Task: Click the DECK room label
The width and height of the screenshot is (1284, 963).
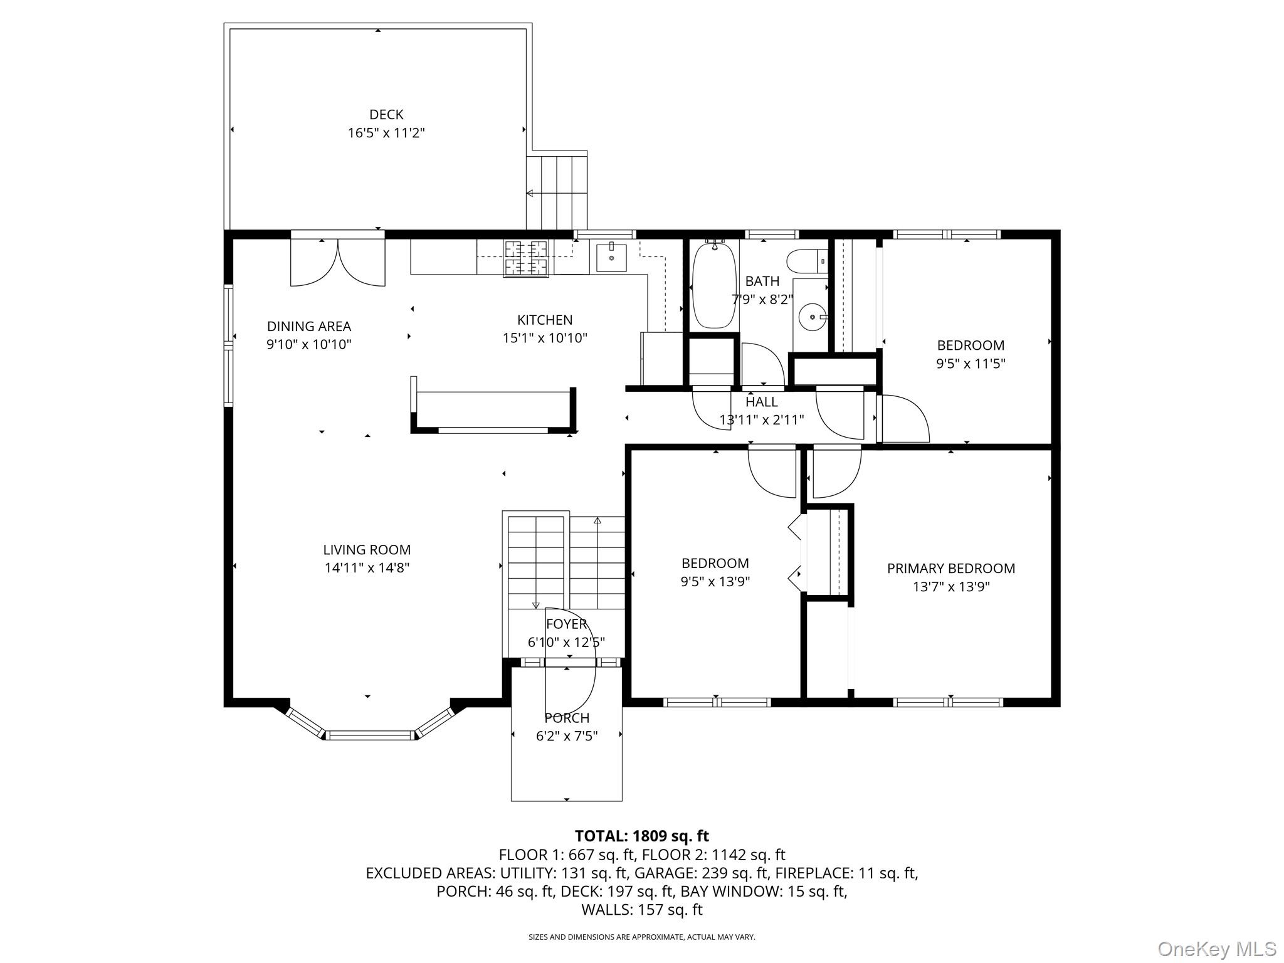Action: pyautogui.click(x=386, y=115)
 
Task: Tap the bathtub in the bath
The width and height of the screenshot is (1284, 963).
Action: pyautogui.click(x=714, y=285)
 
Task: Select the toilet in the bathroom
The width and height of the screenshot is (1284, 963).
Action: pyautogui.click(x=808, y=261)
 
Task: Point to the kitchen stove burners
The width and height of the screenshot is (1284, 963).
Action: pyautogui.click(x=526, y=258)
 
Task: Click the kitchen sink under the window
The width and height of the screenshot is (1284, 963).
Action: pyautogui.click(x=611, y=257)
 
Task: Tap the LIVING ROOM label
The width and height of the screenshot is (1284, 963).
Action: pyautogui.click(x=367, y=550)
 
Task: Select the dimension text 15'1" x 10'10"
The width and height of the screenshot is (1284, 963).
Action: pyautogui.click(x=545, y=338)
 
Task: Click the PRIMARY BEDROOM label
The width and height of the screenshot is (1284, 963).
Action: pyautogui.click(x=951, y=569)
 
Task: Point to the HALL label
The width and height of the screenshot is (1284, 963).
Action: pyautogui.click(x=762, y=402)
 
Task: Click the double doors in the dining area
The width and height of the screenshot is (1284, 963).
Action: pyautogui.click(x=338, y=261)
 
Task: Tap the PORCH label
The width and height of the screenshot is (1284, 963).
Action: pyautogui.click(x=567, y=718)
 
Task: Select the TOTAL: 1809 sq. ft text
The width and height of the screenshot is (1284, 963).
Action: pyautogui.click(x=642, y=836)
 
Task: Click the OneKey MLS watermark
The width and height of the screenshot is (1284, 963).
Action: pyautogui.click(x=1216, y=949)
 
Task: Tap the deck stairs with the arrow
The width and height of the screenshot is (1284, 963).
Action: pyautogui.click(x=556, y=192)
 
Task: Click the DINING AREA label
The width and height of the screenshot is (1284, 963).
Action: pyautogui.click(x=309, y=326)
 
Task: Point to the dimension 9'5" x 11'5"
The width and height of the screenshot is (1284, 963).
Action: pyautogui.click(x=971, y=364)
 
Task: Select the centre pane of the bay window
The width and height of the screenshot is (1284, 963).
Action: pyautogui.click(x=371, y=735)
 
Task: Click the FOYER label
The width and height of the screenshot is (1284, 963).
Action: pyautogui.click(x=567, y=624)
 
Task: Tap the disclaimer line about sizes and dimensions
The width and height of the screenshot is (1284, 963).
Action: pyautogui.click(x=642, y=937)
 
